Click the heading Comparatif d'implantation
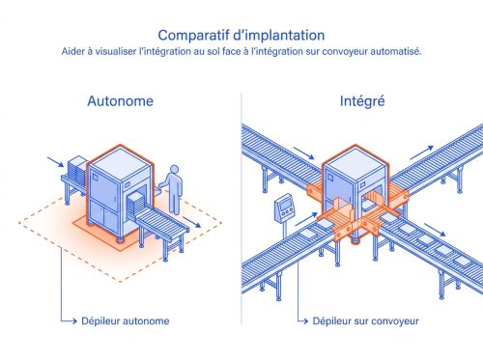[241, 35]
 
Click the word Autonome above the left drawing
[120, 100]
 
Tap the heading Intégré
[361, 100]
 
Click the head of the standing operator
[174, 169]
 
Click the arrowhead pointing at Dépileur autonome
[73, 320]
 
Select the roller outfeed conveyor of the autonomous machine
[159, 226]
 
